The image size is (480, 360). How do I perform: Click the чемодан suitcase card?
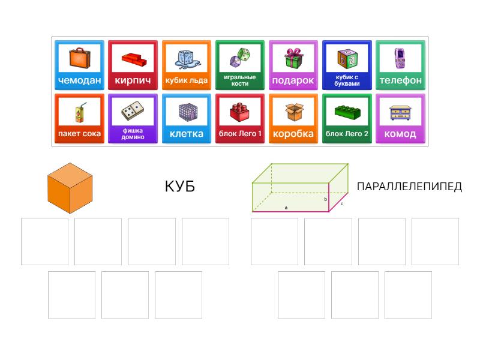(x=79, y=65)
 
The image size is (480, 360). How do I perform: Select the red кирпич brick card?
(x=133, y=65)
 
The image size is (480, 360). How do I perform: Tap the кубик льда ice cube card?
(x=186, y=65)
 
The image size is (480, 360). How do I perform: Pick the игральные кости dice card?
(x=239, y=65)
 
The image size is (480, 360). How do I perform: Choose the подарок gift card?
(x=293, y=65)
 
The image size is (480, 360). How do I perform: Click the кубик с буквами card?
(x=347, y=65)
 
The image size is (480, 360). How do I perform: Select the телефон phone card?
(x=400, y=65)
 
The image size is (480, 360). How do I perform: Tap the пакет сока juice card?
(x=79, y=119)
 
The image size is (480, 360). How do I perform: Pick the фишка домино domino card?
(x=133, y=119)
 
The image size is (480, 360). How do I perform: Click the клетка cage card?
(x=186, y=119)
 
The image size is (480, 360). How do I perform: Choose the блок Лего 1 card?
(x=239, y=119)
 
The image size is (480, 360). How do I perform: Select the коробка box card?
(x=293, y=119)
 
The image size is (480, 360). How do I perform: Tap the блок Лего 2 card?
(x=347, y=119)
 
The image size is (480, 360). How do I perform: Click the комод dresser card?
(x=400, y=119)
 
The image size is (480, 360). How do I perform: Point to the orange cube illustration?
(x=70, y=187)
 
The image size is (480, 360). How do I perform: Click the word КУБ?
(x=179, y=187)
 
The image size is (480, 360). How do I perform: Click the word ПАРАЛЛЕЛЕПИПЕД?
(x=409, y=187)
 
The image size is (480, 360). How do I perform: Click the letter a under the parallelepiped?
(x=286, y=208)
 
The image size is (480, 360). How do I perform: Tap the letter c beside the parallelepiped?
(x=342, y=203)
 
